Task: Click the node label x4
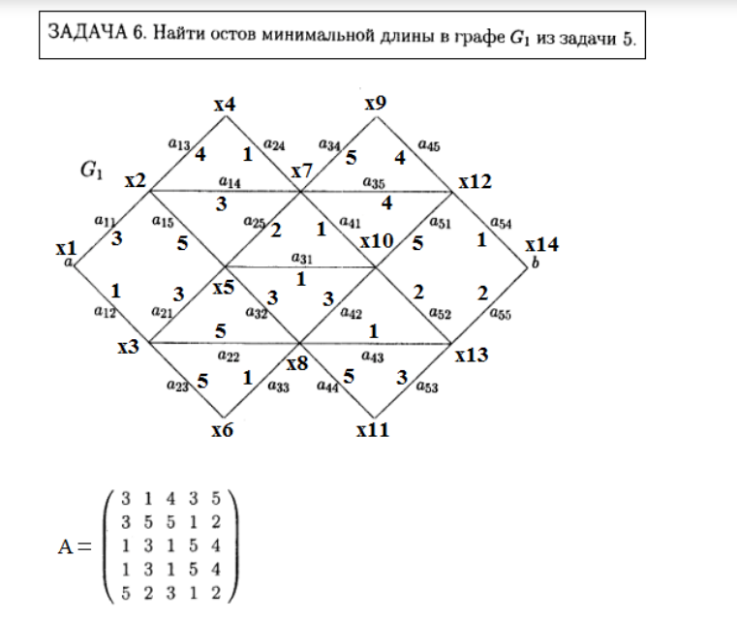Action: [x=225, y=103]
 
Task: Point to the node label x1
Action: [x=67, y=249]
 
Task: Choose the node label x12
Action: [x=475, y=180]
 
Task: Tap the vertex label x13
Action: [x=472, y=355]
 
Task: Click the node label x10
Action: [x=377, y=240]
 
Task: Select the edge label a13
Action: [x=178, y=144]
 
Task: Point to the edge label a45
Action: [x=429, y=145]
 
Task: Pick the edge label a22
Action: [x=229, y=356]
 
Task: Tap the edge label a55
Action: [x=501, y=313]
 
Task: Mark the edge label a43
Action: [x=372, y=356]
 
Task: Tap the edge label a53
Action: [x=426, y=388]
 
